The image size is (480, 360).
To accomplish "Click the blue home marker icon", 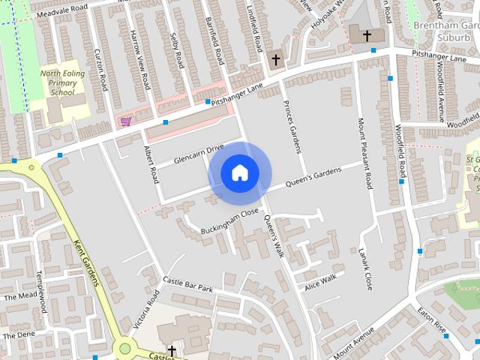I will [240, 173].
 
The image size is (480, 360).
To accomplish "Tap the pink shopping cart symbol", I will [125, 121].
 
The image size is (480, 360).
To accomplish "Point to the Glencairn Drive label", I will [199, 154].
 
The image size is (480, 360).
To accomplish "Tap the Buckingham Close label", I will [229, 220].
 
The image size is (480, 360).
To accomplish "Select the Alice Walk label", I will [321, 282].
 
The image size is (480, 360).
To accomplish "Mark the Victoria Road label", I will [147, 309].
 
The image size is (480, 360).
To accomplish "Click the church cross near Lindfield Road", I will [276, 58].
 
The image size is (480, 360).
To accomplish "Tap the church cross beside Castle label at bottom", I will [172, 350].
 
